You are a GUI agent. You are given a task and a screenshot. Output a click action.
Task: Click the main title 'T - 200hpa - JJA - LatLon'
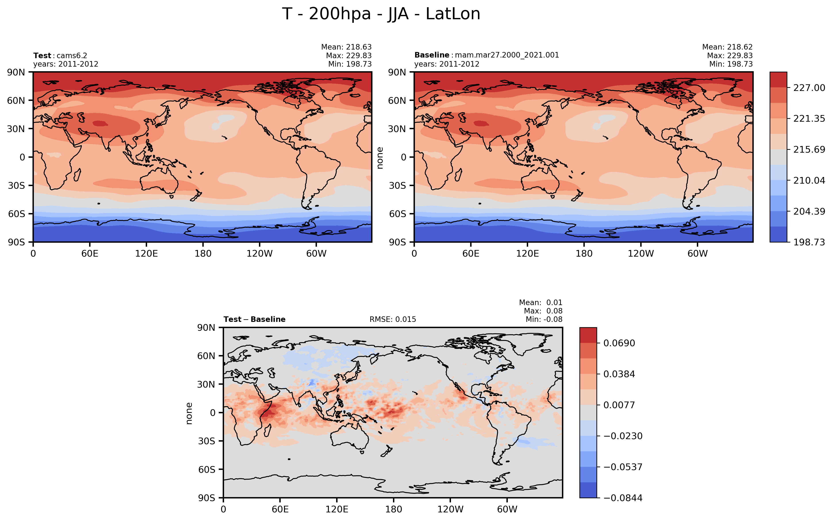tap(381, 14)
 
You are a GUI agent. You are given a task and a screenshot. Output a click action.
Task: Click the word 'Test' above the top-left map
tap(42, 56)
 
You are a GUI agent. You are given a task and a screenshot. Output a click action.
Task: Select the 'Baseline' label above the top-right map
tap(431, 55)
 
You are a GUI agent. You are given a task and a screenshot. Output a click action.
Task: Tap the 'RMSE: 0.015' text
tap(393, 319)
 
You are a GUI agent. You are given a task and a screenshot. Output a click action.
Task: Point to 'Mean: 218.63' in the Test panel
tap(346, 47)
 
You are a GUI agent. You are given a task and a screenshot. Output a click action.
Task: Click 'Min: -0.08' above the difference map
tap(544, 319)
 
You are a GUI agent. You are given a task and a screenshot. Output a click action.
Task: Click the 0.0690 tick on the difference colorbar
tap(619, 343)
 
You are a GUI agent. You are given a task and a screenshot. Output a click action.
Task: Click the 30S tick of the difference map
tap(206, 441)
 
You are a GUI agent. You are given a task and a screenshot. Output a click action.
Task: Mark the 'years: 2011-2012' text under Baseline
tap(447, 64)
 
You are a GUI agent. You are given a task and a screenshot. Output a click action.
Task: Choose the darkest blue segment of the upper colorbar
tap(778, 234)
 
